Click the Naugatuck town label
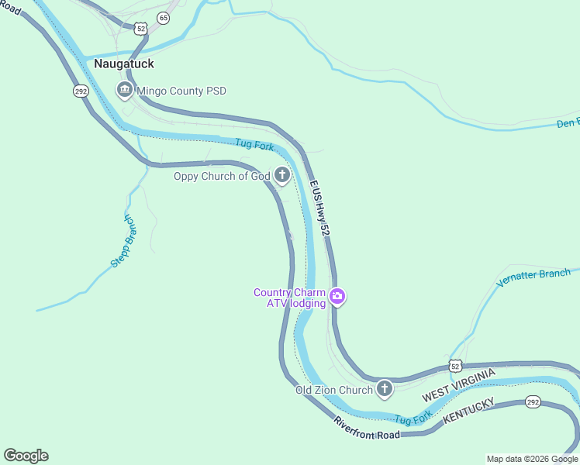[x=124, y=64]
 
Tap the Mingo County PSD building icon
[x=124, y=91]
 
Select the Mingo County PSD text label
[x=181, y=91]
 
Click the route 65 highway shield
[x=163, y=17]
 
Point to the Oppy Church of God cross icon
[x=282, y=176]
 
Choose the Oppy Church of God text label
[x=221, y=176]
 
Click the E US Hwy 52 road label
[x=320, y=208]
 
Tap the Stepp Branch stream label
[x=123, y=239]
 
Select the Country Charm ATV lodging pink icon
[x=337, y=297]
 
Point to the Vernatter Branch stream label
[x=533, y=277]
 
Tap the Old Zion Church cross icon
[x=385, y=389]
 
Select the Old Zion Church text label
[x=334, y=390]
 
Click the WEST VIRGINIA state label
[x=458, y=385]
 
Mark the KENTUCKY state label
[x=468, y=411]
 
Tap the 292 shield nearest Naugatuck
[x=81, y=91]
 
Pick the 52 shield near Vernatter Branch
[x=456, y=365]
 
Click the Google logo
[x=26, y=456]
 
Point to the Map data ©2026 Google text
[x=532, y=459]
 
